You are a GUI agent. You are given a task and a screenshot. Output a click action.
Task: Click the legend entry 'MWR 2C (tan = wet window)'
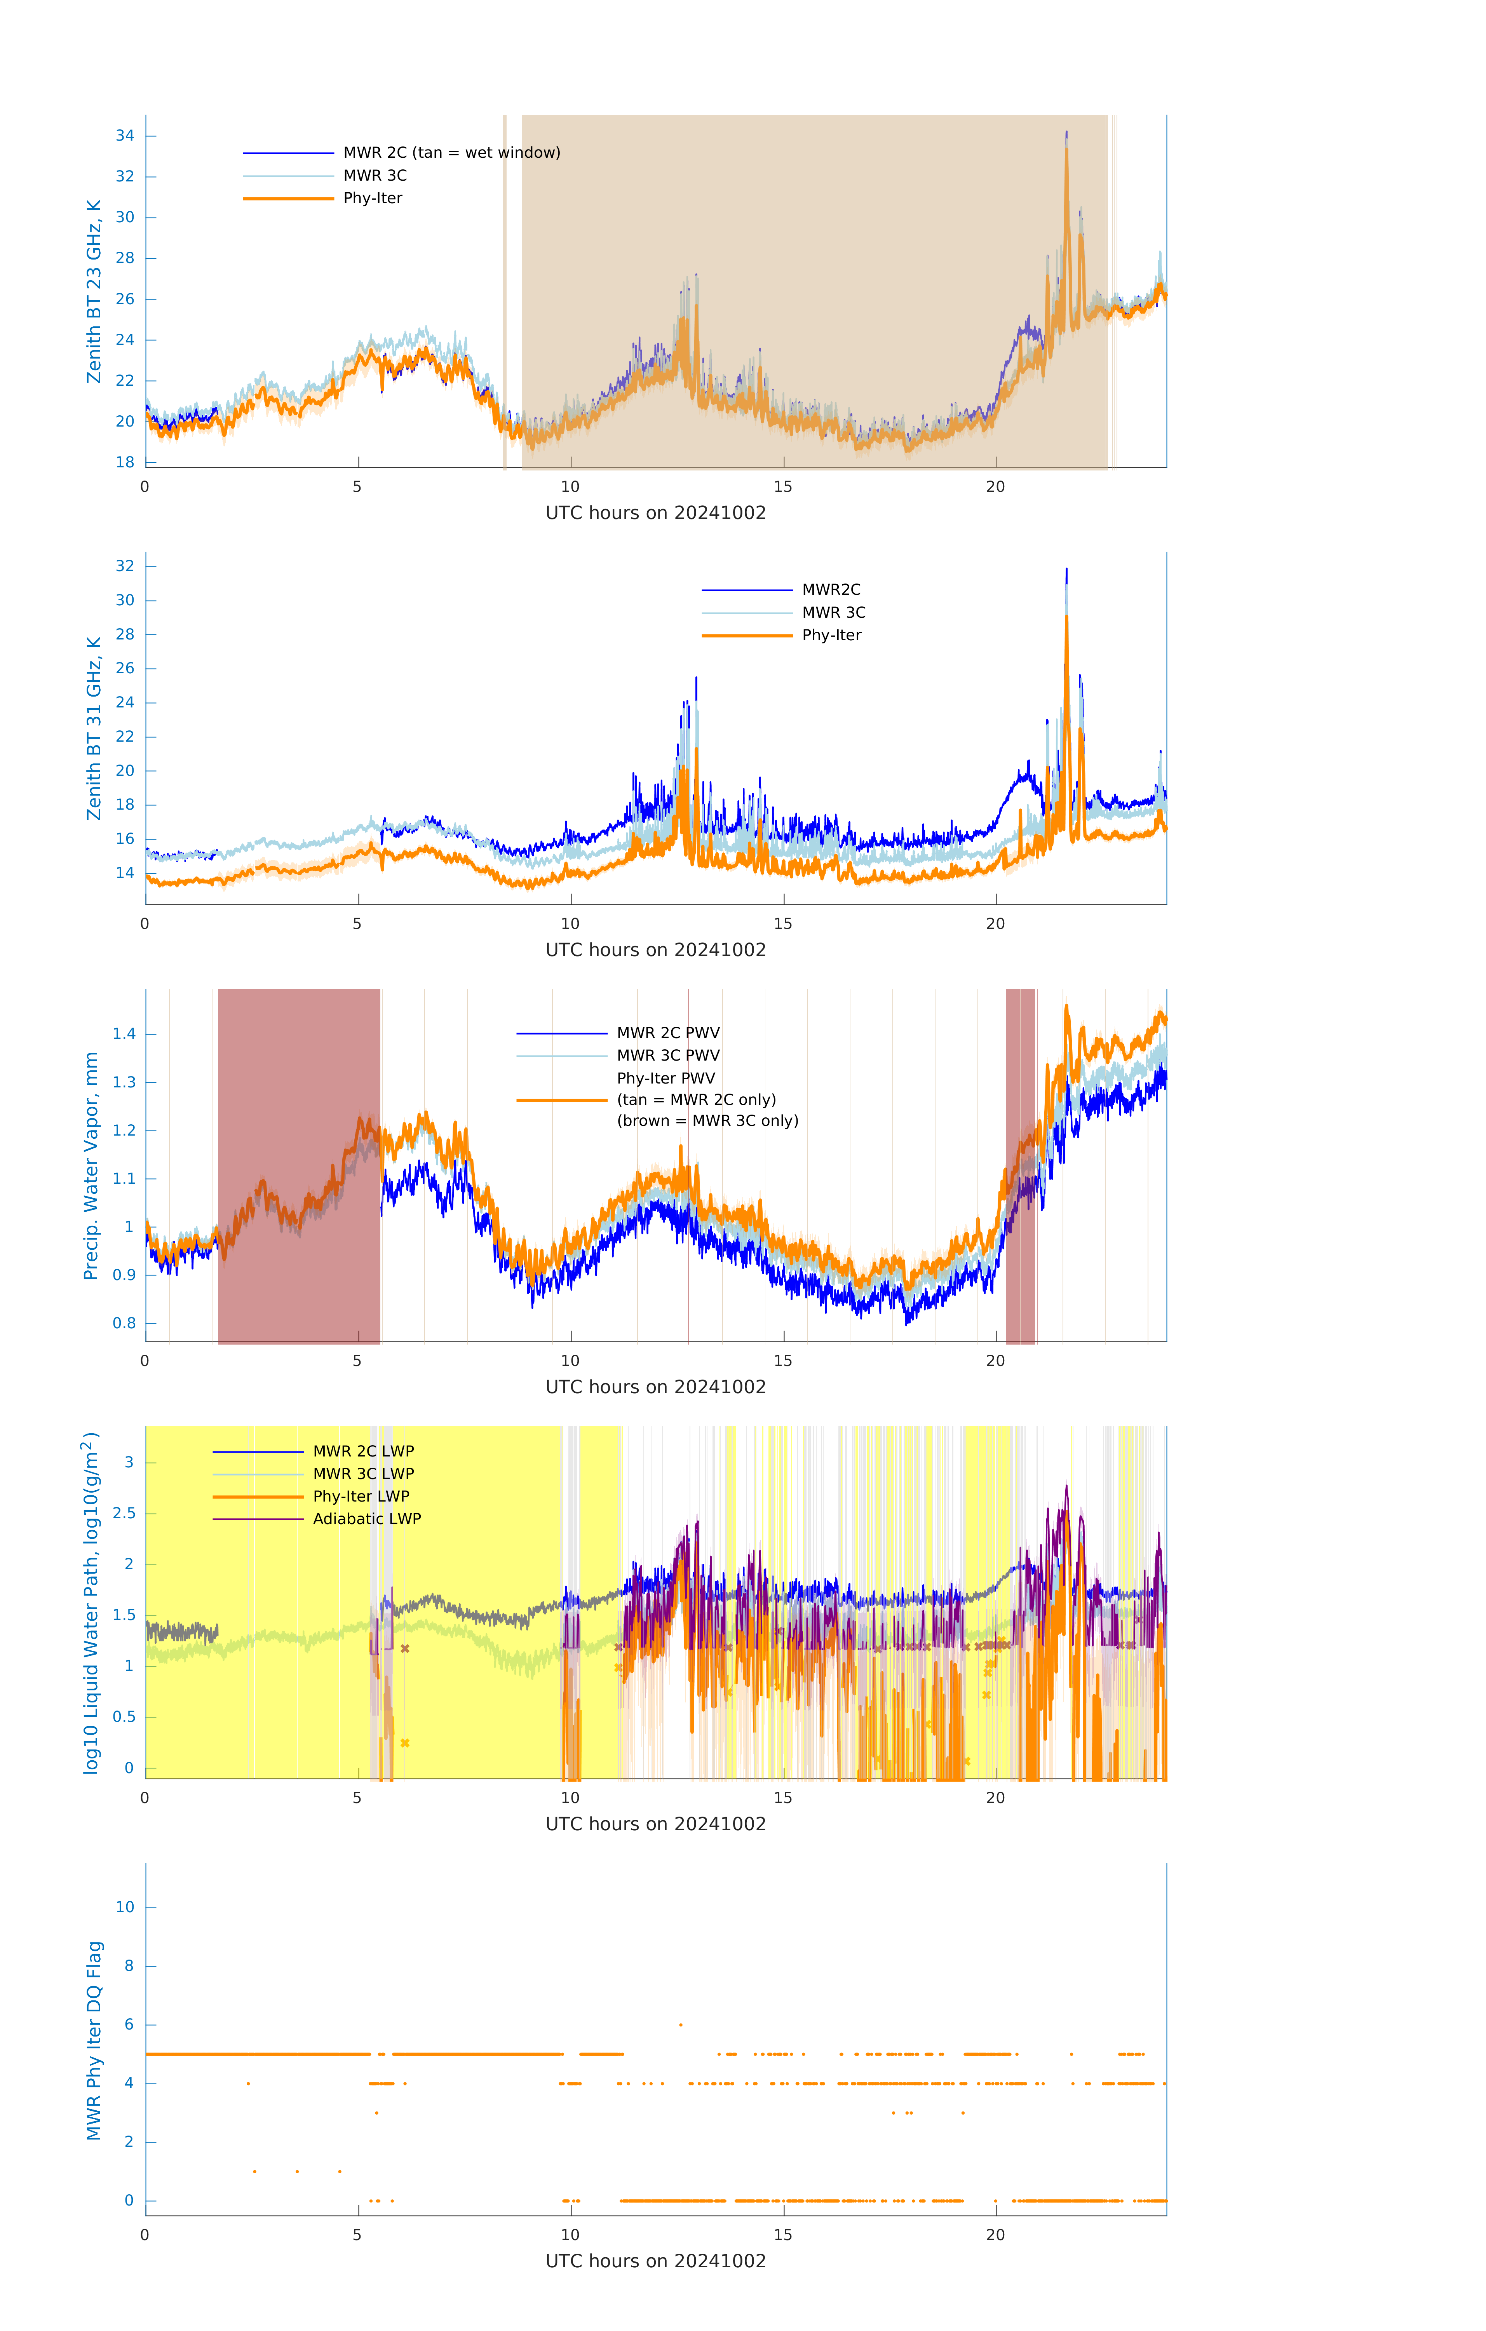451,153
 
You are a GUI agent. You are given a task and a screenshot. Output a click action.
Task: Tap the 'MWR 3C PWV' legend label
668,1055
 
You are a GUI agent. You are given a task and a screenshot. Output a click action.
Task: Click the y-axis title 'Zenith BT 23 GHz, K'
94,291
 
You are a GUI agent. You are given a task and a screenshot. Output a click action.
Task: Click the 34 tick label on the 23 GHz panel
125,136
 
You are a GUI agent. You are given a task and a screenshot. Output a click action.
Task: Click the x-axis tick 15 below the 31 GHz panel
782,923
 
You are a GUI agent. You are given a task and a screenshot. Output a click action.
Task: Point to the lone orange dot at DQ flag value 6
681,2024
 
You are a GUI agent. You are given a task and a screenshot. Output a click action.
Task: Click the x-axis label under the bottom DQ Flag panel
655,2261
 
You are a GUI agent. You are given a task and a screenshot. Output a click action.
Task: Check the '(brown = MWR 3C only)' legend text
708,1121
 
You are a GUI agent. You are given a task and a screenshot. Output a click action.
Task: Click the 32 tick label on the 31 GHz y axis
125,566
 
